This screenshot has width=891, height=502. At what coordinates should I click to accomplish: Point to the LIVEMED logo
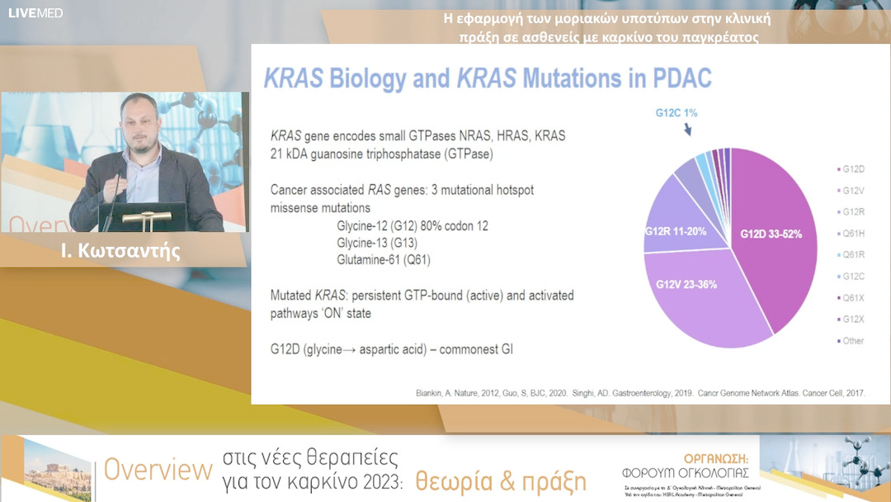coord(35,13)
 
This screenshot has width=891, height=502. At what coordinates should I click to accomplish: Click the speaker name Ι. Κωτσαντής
coord(120,252)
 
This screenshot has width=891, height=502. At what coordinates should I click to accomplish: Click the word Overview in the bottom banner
coord(157,470)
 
